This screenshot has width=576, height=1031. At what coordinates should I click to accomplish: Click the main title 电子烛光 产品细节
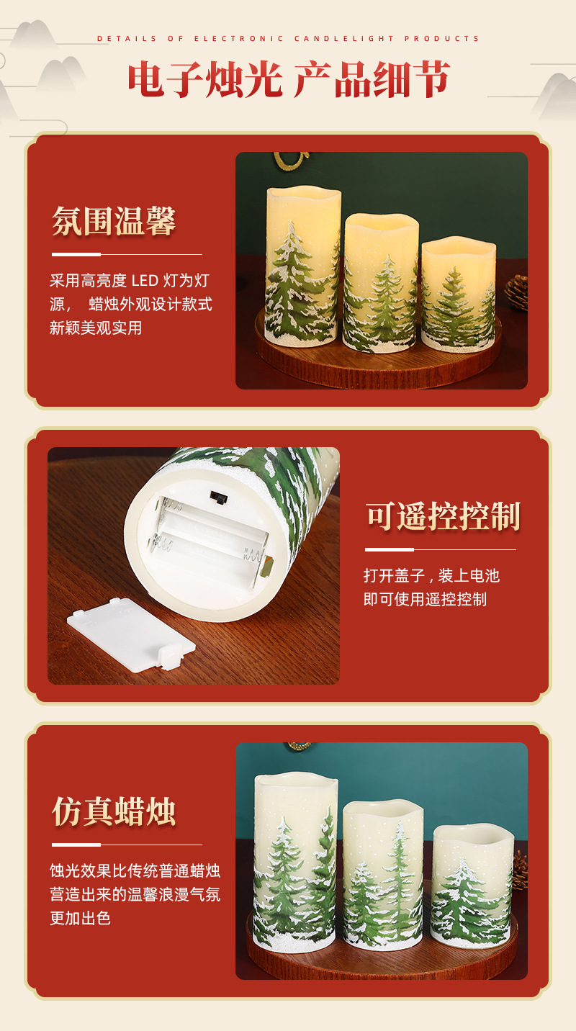tap(289, 79)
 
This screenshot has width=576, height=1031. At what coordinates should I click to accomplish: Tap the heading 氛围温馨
tap(114, 221)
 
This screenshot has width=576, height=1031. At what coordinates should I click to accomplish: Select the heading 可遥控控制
tap(443, 516)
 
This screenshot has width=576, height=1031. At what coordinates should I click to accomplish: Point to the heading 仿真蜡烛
tap(114, 811)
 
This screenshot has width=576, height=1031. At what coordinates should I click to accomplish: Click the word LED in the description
tap(145, 280)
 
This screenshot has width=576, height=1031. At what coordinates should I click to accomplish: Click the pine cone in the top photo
tap(517, 292)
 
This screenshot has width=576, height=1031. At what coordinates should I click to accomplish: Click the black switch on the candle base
tap(215, 496)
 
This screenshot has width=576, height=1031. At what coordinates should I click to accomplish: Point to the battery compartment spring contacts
tap(253, 556)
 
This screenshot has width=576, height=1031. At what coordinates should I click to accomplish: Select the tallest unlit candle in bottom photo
tap(295, 860)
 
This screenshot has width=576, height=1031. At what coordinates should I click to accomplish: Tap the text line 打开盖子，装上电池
tap(431, 575)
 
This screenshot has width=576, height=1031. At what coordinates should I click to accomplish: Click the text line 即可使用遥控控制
tap(425, 599)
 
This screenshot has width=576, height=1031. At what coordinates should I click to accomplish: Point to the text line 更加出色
tap(80, 918)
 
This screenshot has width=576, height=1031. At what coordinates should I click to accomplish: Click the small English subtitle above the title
tap(289, 38)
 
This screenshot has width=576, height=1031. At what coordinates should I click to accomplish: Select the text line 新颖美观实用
tap(96, 328)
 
